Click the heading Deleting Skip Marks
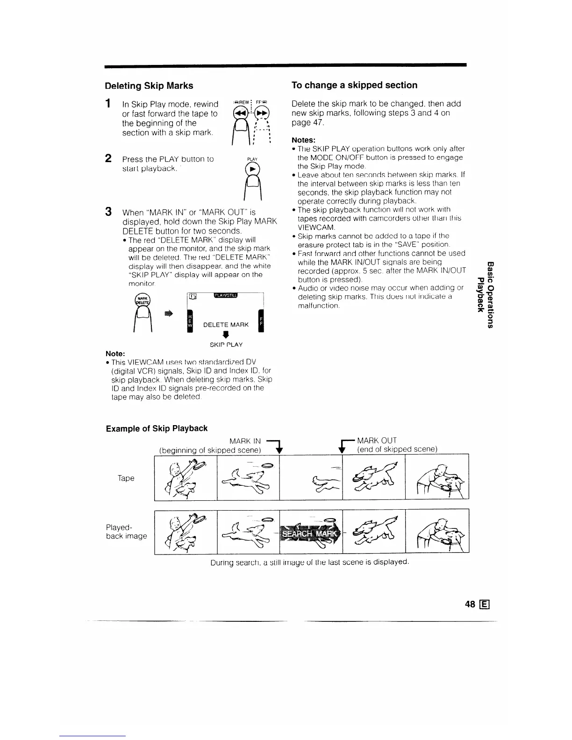(149, 85)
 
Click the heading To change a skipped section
(354, 85)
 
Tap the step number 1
(108, 103)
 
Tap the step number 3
(108, 212)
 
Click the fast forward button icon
(261, 114)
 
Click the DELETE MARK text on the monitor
(222, 325)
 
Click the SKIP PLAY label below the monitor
(226, 344)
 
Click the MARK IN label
(245, 441)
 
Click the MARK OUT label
(377, 441)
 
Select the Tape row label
(126, 478)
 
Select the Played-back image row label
(126, 531)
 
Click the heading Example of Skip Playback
(157, 428)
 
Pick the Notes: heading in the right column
(304, 140)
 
